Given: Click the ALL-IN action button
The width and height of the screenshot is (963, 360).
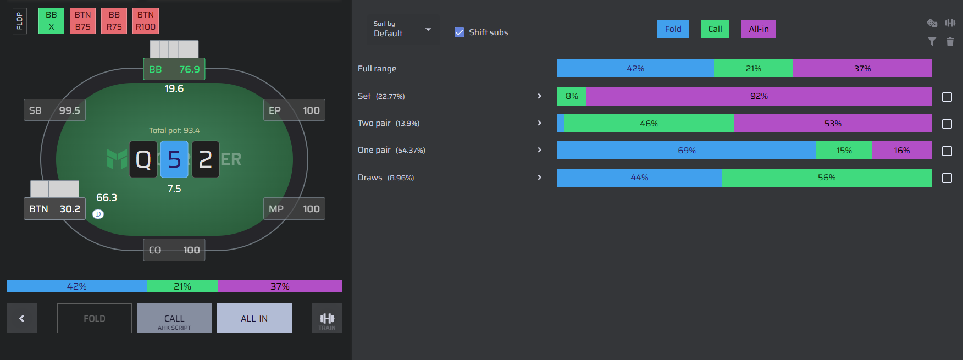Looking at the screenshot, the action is pyautogui.click(x=254, y=318).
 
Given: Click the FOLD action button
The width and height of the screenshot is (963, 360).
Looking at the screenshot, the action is pyautogui.click(x=95, y=318).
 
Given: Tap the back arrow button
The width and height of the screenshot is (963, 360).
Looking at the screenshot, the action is pyautogui.click(x=21, y=318).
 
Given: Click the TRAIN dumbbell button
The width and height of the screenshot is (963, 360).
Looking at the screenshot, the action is pyautogui.click(x=327, y=318).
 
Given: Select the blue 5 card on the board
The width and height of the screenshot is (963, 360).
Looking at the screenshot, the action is pyautogui.click(x=174, y=159).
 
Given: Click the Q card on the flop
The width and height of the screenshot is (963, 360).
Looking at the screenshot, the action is pyautogui.click(x=143, y=159).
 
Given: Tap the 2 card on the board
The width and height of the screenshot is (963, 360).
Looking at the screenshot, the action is pyautogui.click(x=206, y=159).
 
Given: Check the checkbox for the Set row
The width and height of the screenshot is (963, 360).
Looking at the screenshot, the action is pyautogui.click(x=947, y=97).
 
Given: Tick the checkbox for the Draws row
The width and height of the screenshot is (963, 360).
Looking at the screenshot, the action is pyautogui.click(x=947, y=178).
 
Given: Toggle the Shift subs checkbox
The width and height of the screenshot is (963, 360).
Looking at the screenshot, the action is pyautogui.click(x=460, y=32).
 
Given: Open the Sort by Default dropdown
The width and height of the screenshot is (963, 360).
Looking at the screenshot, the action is pyautogui.click(x=403, y=30).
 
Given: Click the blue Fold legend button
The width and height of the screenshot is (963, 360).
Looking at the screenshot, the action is pyautogui.click(x=673, y=29).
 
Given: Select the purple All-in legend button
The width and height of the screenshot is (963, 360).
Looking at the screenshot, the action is pyautogui.click(x=759, y=29).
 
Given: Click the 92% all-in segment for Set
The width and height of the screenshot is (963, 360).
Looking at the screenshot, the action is pyautogui.click(x=759, y=96).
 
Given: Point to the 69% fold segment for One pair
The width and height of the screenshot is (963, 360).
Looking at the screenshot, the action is pyautogui.click(x=687, y=151).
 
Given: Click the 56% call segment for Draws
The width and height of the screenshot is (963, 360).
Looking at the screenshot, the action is pyautogui.click(x=827, y=178).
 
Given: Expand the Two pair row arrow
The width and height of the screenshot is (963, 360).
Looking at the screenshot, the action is pyautogui.click(x=540, y=123).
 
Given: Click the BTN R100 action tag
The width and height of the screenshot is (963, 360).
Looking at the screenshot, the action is pyautogui.click(x=146, y=21).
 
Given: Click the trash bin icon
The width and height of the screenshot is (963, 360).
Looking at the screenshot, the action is pyautogui.click(x=950, y=42).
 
